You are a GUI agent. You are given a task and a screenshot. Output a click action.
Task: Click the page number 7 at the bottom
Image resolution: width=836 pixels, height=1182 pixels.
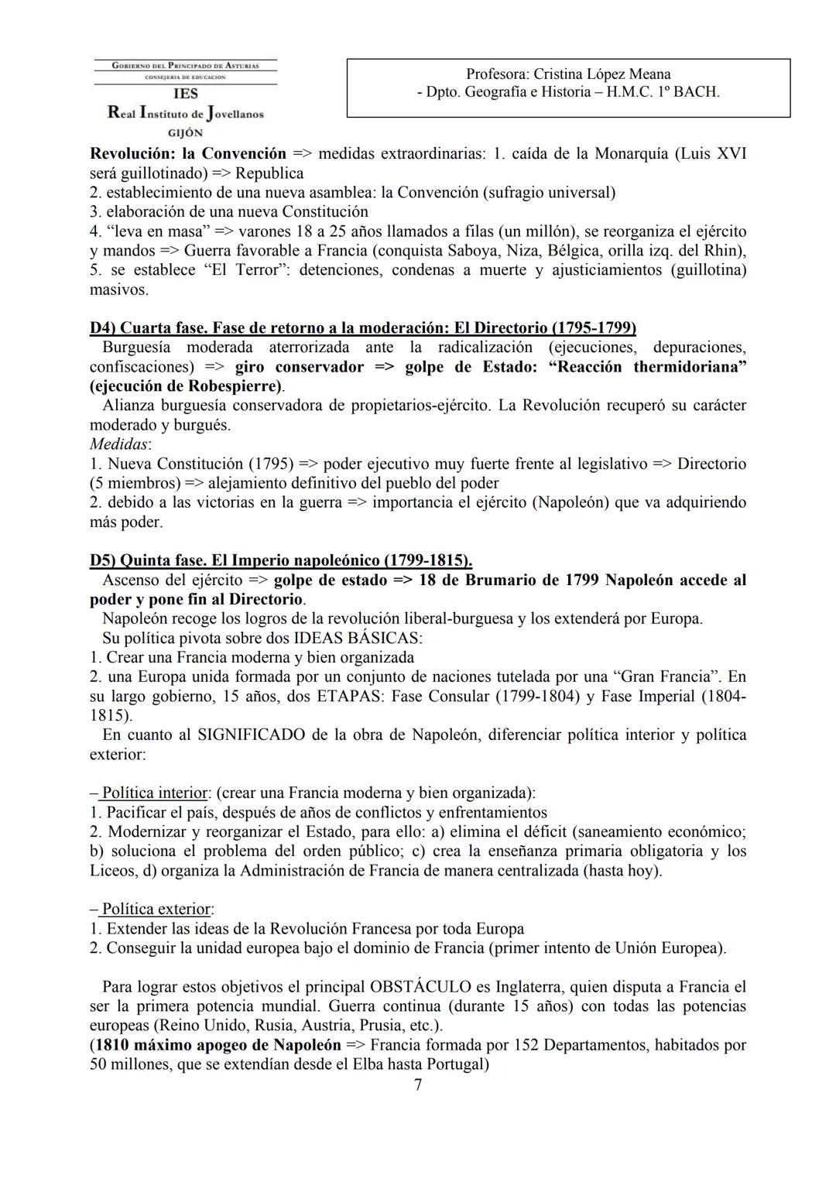[418, 1084]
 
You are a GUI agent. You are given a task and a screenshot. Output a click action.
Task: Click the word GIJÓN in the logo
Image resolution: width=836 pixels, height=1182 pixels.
[186, 132]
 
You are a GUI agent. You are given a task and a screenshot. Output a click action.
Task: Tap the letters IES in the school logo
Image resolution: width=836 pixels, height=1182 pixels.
[186, 94]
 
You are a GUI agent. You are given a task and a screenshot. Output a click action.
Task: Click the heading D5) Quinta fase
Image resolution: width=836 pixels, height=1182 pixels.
[148, 560]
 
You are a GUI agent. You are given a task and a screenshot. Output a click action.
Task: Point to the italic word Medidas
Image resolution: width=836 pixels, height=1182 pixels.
[119, 444]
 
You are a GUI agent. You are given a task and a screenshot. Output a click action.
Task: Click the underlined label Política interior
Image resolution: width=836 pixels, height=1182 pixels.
[155, 793]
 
